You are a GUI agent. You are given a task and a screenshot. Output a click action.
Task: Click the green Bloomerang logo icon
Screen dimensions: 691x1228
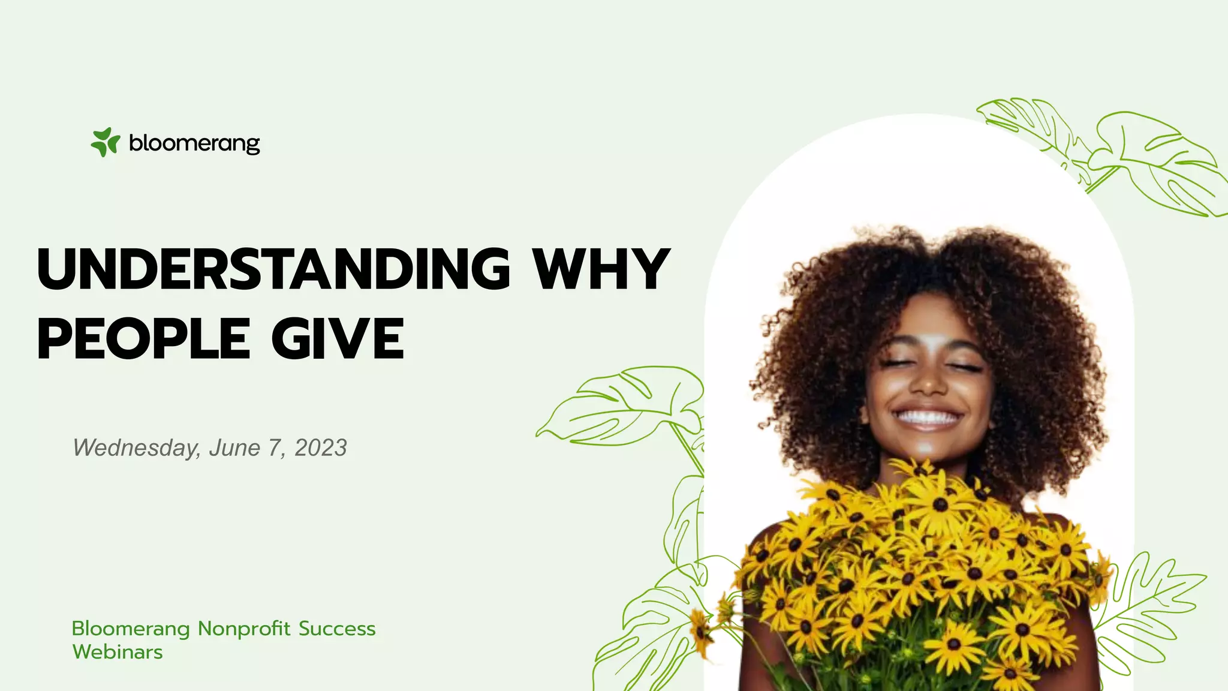[105, 142]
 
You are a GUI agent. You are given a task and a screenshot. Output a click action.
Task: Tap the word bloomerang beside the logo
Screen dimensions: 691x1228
[194, 143]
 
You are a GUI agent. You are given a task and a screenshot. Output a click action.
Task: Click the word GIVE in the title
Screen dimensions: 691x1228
[338, 339]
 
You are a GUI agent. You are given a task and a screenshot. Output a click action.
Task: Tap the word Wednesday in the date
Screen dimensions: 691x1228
[136, 448]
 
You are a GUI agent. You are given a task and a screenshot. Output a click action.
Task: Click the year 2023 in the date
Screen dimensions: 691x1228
[321, 448]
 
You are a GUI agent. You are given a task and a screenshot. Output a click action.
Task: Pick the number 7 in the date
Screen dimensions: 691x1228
[275, 448]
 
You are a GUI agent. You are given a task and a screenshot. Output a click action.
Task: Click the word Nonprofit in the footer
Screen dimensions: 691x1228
[244, 629]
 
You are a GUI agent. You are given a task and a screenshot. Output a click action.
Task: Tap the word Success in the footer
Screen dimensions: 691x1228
[337, 629]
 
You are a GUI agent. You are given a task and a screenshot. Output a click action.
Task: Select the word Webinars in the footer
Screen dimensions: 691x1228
[118, 652]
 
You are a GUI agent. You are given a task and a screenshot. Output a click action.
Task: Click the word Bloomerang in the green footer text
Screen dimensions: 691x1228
[131, 629]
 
